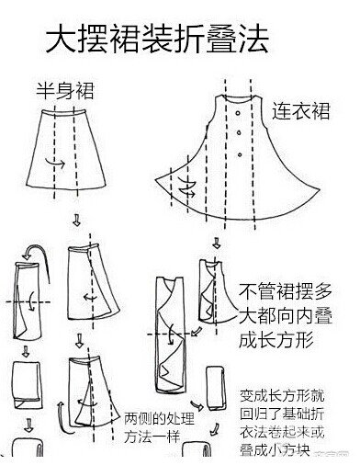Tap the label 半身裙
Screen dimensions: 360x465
point(65,90)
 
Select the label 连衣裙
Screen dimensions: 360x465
point(301,110)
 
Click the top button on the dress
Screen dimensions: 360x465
point(238,113)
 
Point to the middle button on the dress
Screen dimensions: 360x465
point(239,133)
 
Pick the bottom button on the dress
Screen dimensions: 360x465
point(240,154)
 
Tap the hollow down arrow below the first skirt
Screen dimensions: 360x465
point(76,220)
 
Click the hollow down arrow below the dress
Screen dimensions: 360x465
point(217,244)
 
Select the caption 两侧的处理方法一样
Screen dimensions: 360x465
point(159,427)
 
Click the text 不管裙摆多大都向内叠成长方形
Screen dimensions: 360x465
point(286,315)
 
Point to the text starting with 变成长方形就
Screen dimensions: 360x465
point(282,423)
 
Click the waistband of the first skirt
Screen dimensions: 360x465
point(63,112)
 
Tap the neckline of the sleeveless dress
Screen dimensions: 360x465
point(238,98)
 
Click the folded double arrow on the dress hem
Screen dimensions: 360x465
point(186,187)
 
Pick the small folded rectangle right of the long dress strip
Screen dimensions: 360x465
point(216,389)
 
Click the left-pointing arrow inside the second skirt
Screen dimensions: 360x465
point(90,297)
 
